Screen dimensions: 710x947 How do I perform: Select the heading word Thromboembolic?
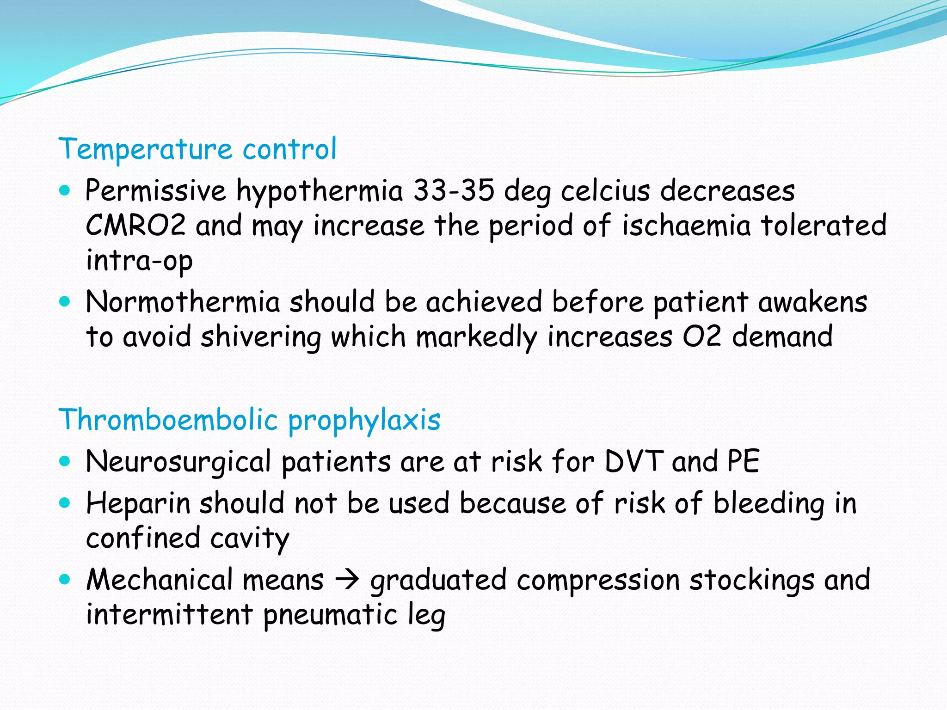pos(168,420)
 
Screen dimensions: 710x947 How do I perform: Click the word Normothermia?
pos(183,302)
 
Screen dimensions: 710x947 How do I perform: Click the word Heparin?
pos(138,503)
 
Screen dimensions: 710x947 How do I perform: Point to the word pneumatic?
pos(330,615)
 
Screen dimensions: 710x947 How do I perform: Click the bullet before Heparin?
pos(65,502)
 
